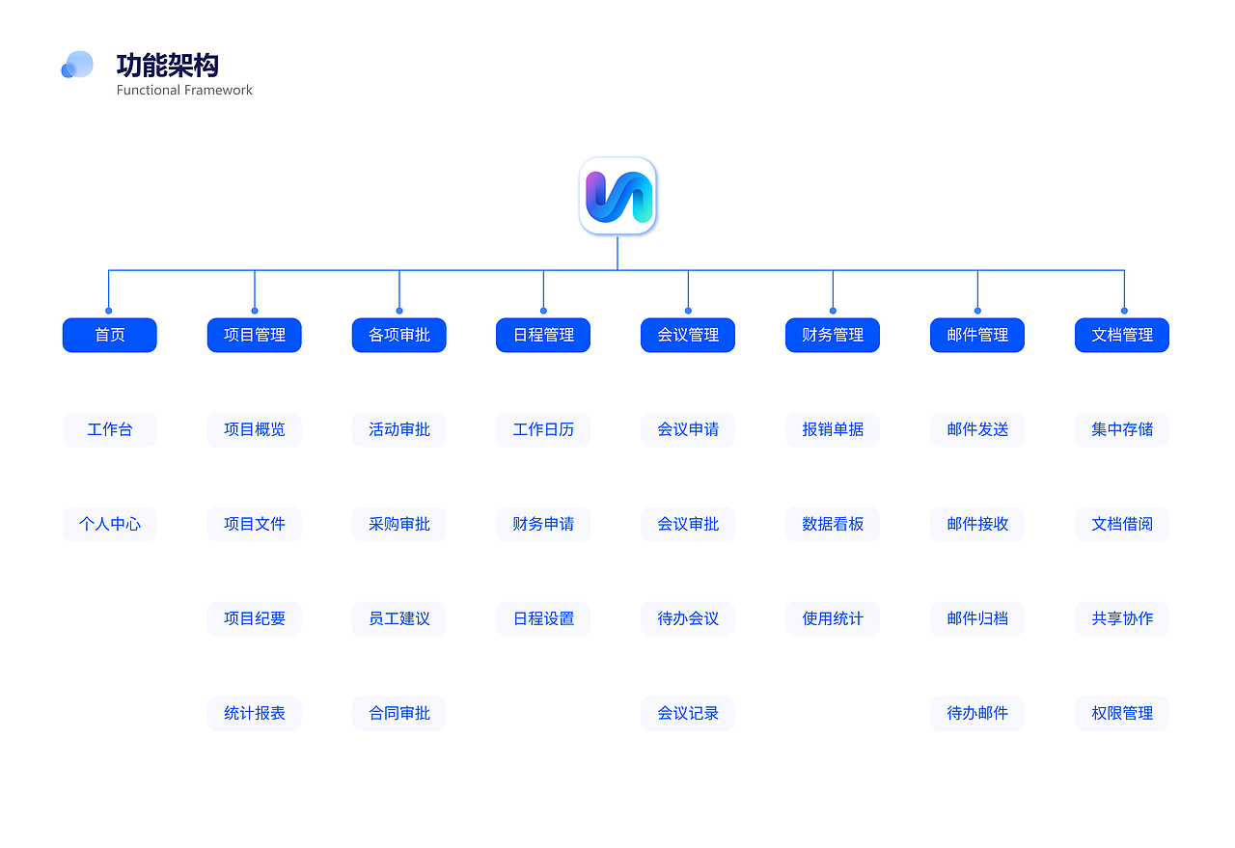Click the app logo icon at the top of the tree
pos(617,196)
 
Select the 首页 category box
pos(109,335)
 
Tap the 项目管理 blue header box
pos(254,335)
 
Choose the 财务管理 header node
pos(832,335)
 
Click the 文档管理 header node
pos(1121,335)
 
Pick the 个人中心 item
pos(109,524)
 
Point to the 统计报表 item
pos(254,713)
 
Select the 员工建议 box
pos(398,618)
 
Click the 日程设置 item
pos(543,618)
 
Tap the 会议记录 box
pos(688,713)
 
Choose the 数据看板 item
pos(832,524)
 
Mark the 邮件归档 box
pos(976,618)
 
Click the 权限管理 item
pos(1121,713)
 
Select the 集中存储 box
pos(1121,429)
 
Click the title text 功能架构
pos(167,66)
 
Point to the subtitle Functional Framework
pos(184,90)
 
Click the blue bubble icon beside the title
pos(77,65)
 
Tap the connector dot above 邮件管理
pos(977,311)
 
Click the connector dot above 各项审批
pos(398,311)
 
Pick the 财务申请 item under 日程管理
pos(543,524)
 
